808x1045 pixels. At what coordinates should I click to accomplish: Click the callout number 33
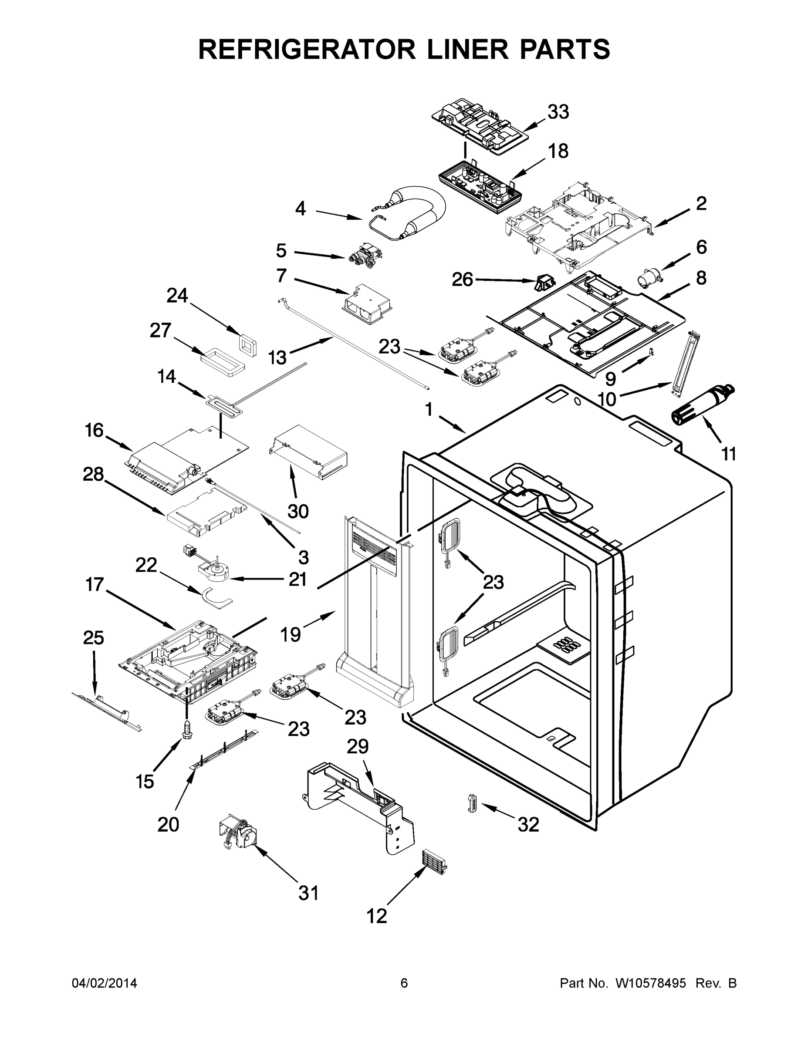click(x=558, y=112)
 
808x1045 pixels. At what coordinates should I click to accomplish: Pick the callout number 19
click(x=290, y=634)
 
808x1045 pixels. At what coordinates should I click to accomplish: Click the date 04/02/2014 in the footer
click(x=105, y=983)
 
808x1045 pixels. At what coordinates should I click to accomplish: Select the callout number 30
click(x=298, y=512)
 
